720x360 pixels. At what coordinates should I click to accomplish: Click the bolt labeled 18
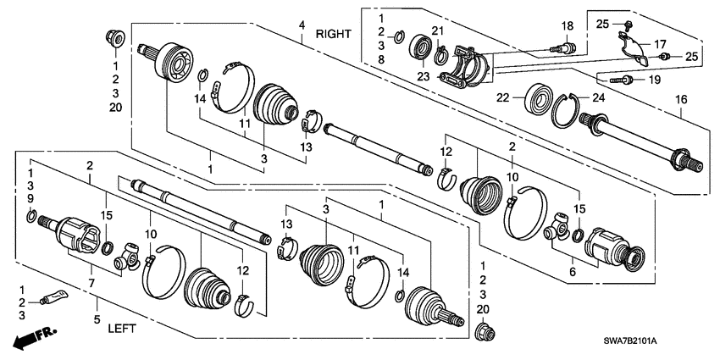pyautogui.click(x=562, y=47)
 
